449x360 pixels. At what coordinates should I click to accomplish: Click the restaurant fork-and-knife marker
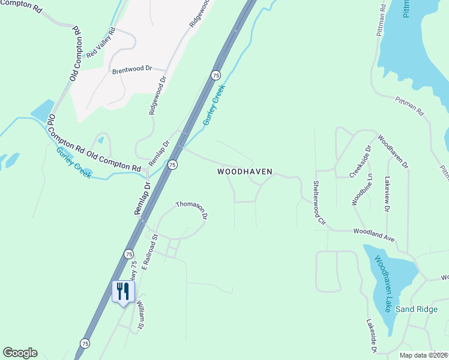[123, 292]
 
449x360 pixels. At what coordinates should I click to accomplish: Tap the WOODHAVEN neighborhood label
[244, 172]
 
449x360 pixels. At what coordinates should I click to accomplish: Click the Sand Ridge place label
[417, 309]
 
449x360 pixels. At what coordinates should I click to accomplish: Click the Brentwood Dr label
[132, 70]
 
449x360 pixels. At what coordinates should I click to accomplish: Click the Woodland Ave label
[373, 235]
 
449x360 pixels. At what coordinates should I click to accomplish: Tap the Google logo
[20, 353]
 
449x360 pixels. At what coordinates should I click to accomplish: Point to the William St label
[140, 316]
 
